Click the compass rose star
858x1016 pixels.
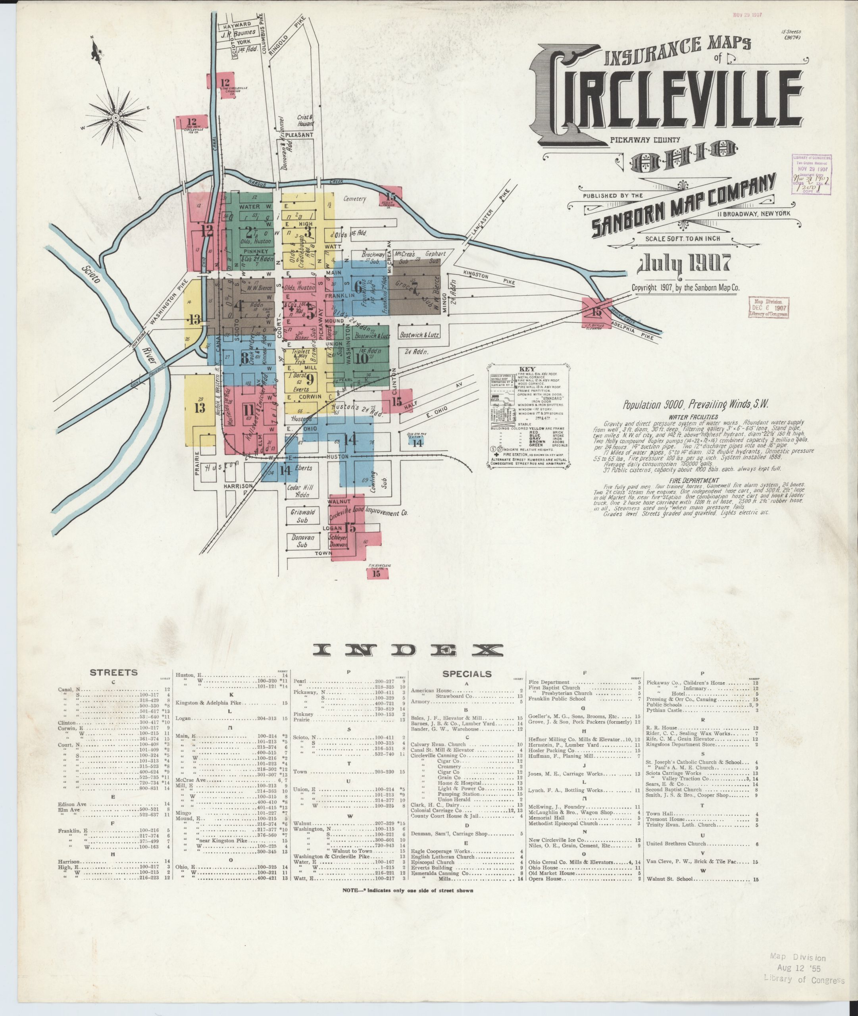[116, 118]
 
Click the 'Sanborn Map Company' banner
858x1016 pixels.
[684, 207]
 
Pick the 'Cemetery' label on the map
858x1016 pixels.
[354, 198]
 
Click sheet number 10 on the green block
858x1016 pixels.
[362, 358]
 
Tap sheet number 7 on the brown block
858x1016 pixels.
[415, 291]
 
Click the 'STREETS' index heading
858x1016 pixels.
[114, 673]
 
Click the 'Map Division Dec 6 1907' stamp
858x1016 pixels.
[768, 307]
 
